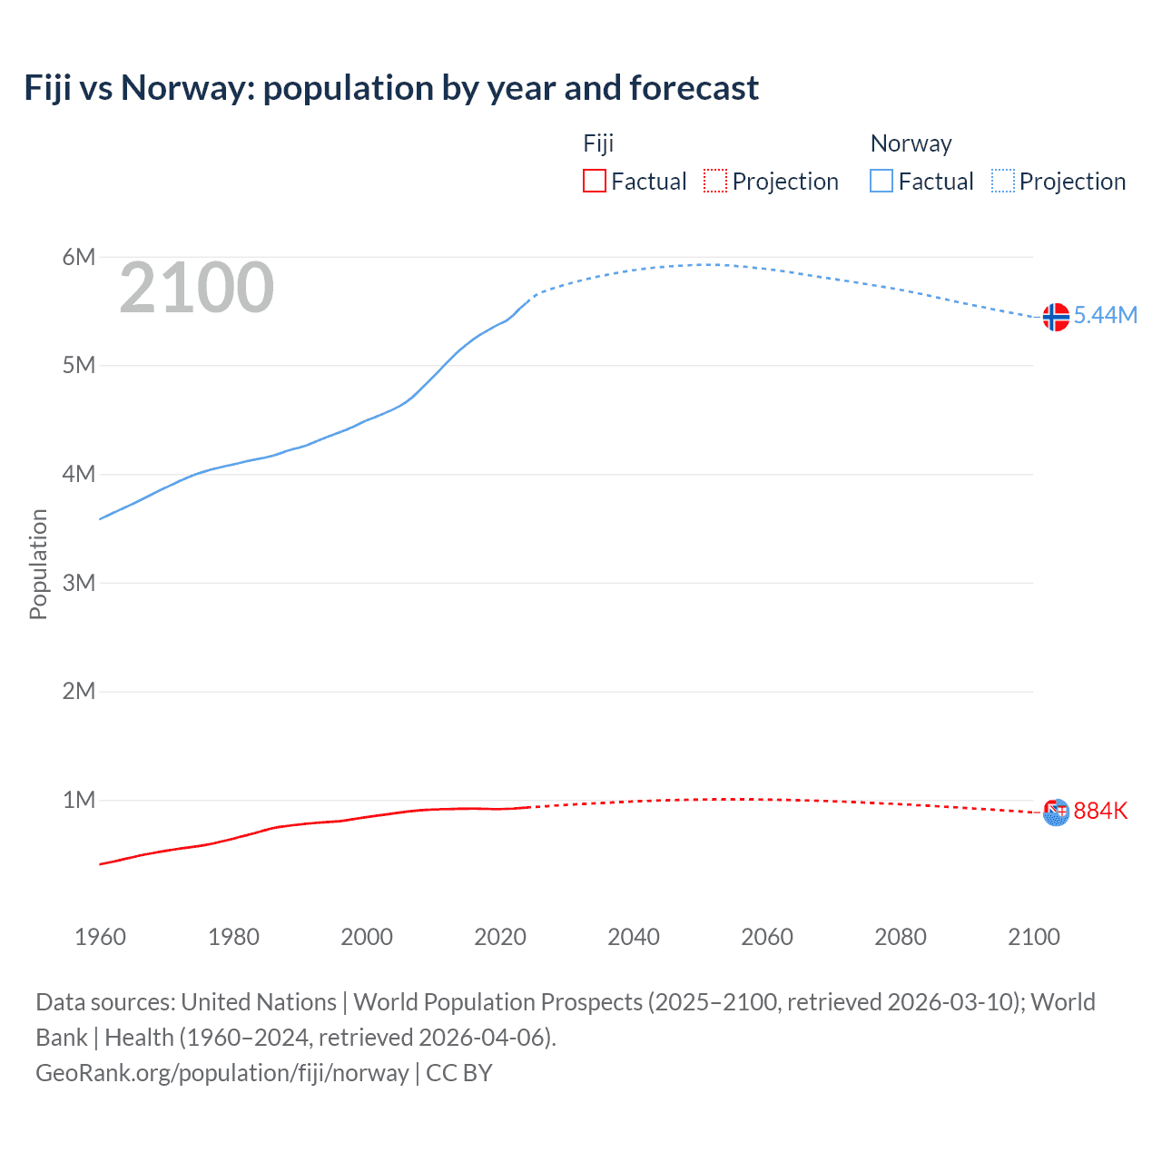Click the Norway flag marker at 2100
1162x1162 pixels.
[x=1056, y=317]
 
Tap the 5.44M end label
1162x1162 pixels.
[x=1105, y=315]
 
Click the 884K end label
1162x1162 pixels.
[x=1100, y=811]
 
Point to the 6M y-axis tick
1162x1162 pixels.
[x=79, y=257]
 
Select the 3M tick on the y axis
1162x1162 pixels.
[x=79, y=583]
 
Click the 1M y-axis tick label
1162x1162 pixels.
[x=79, y=800]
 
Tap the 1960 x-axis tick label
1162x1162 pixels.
[x=100, y=937]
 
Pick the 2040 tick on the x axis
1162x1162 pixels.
[x=634, y=937]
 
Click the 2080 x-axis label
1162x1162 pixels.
[x=901, y=937]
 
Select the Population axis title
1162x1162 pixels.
[x=38, y=564]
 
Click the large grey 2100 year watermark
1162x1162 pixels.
[x=196, y=288]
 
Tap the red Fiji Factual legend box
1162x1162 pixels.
[x=595, y=182]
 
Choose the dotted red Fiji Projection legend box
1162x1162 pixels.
[x=715, y=182]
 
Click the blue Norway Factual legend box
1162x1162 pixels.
[x=881, y=182]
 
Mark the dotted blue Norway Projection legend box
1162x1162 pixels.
[x=1003, y=182]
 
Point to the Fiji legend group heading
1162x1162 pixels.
[x=598, y=143]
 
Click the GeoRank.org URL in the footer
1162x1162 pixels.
[x=222, y=1073]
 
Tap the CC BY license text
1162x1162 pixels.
[x=459, y=1073]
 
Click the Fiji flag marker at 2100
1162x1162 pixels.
[x=1056, y=812]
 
